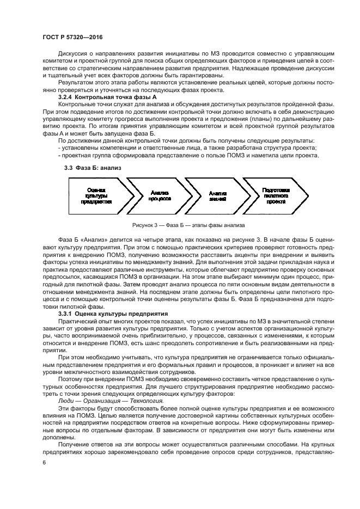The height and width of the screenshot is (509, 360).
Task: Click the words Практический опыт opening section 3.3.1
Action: [81, 322]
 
